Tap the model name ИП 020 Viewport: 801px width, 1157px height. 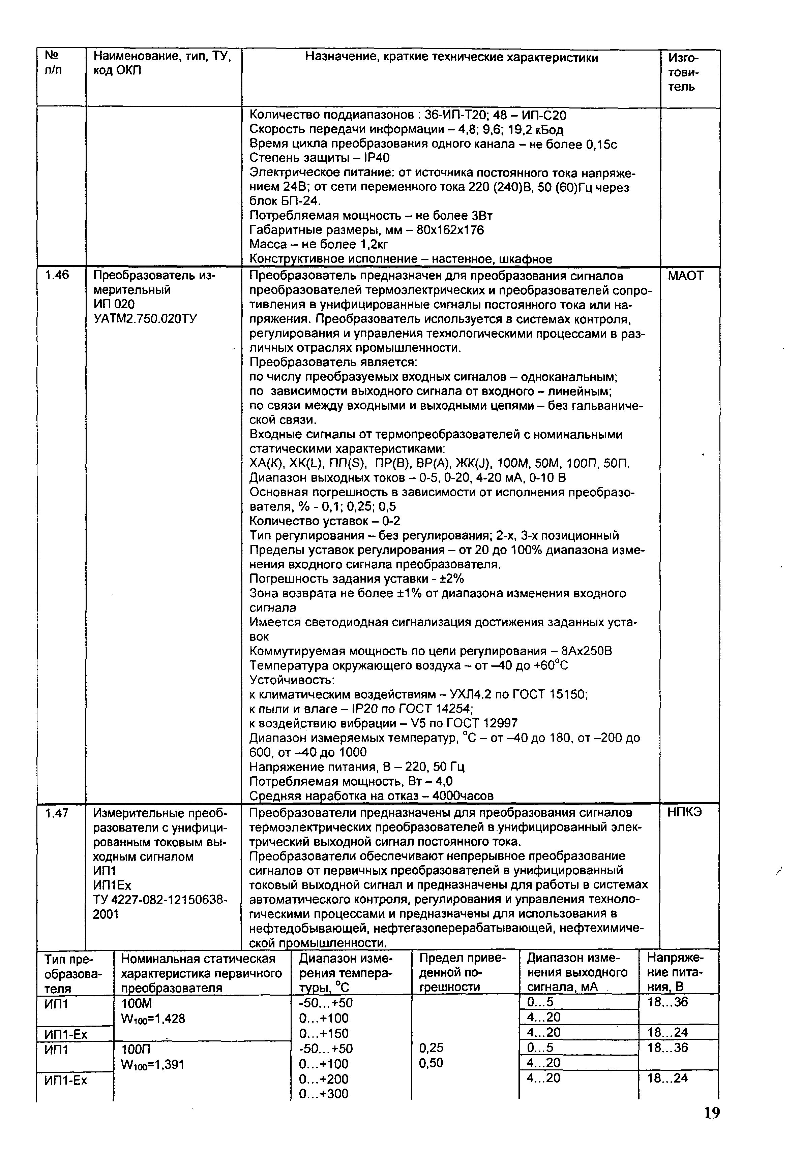tap(114, 305)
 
